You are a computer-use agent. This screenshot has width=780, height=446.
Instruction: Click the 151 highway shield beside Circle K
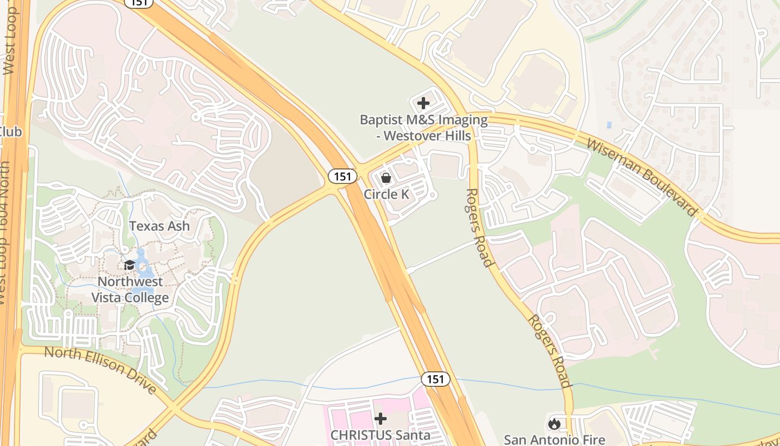pyautogui.click(x=342, y=176)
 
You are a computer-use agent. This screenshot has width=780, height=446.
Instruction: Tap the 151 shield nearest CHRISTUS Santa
pyautogui.click(x=435, y=379)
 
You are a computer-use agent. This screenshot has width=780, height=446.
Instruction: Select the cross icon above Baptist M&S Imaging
pyautogui.click(x=423, y=103)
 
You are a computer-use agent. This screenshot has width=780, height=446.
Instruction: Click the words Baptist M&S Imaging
pyautogui.click(x=423, y=120)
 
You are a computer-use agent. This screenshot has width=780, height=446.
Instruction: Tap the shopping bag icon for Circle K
pyautogui.click(x=386, y=178)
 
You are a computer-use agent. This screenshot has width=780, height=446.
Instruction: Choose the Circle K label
pyautogui.click(x=386, y=194)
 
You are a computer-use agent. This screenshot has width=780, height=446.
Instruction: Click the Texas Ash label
pyautogui.click(x=159, y=226)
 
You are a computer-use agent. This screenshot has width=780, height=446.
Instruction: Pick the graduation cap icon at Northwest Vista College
pyautogui.click(x=129, y=265)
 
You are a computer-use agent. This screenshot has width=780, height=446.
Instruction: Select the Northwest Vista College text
pyautogui.click(x=130, y=289)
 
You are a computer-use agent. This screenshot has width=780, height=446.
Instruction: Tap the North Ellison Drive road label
pyautogui.click(x=101, y=369)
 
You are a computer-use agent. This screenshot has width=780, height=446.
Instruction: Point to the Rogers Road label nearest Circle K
pyautogui.click(x=480, y=227)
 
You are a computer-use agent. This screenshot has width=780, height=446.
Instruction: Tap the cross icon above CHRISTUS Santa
pyautogui.click(x=381, y=418)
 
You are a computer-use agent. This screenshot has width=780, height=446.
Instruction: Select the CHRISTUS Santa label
pyautogui.click(x=381, y=435)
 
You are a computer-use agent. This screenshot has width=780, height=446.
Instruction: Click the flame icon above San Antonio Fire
pyautogui.click(x=554, y=424)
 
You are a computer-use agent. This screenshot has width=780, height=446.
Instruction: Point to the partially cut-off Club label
pyautogui.click(x=10, y=132)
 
